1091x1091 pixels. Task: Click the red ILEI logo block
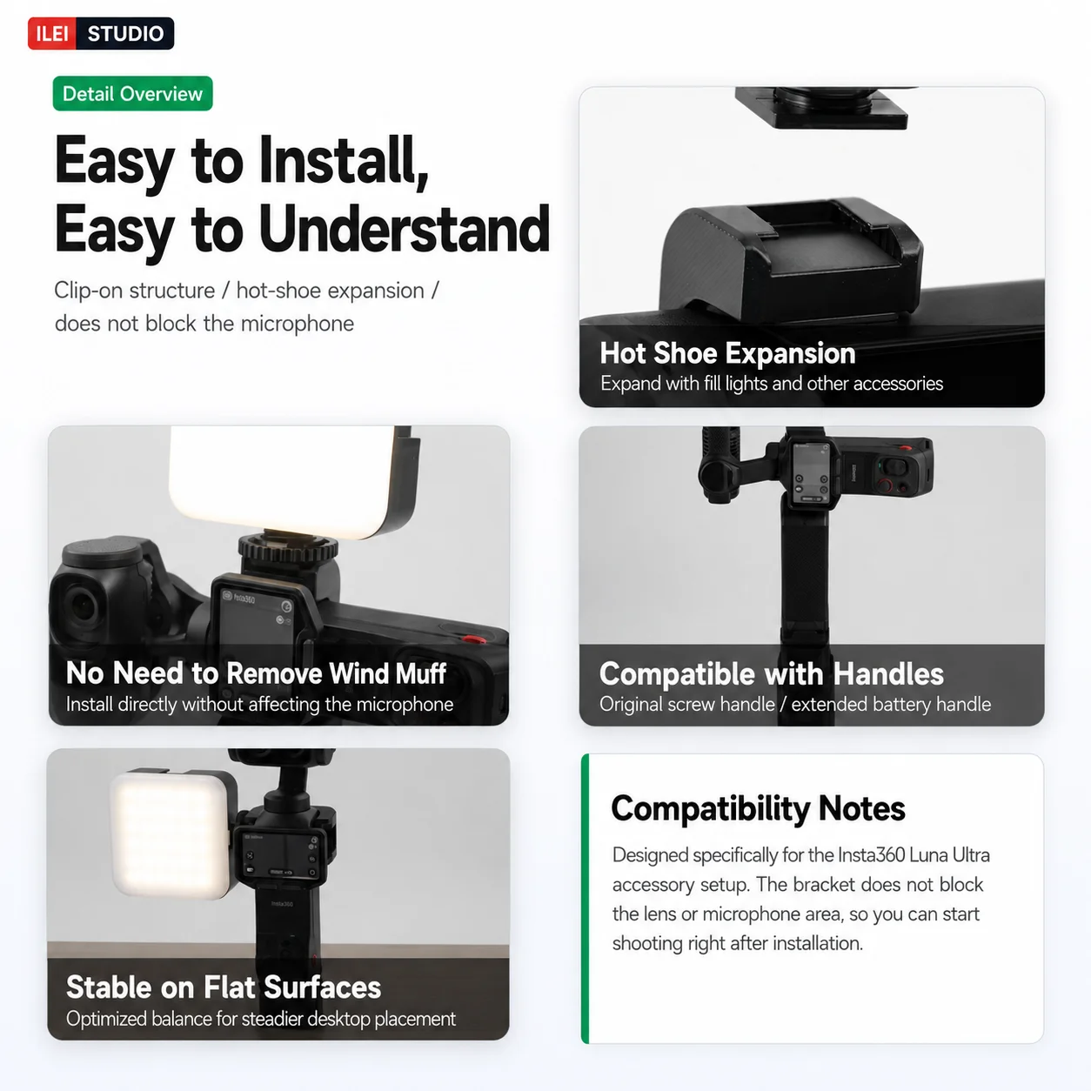51,33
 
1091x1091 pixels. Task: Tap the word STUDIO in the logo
125,34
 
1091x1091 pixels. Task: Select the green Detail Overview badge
132,93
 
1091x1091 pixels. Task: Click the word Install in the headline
344,162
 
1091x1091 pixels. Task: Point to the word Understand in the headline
405,230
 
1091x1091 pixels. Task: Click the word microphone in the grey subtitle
298,324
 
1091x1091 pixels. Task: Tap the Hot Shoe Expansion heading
727,353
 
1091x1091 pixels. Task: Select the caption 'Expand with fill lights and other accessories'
772,384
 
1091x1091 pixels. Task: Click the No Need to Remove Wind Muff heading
256,673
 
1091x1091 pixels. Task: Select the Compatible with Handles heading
772,673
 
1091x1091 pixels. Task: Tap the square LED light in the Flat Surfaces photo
172,835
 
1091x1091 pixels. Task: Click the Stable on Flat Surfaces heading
224,987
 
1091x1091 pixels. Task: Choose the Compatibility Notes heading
758,808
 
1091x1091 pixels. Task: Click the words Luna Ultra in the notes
949,855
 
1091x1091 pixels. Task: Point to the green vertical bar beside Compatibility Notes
586,899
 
